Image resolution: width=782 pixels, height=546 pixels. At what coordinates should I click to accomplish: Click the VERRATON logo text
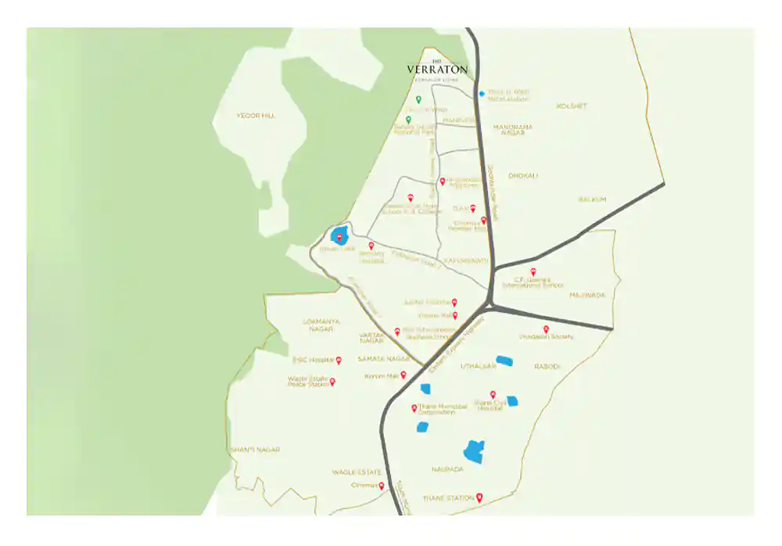coord(437,69)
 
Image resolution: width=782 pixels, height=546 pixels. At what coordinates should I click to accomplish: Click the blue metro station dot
coord(481,94)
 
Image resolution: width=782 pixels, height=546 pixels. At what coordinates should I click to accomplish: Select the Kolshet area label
coord(571,106)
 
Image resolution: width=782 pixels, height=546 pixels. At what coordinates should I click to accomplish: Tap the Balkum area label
coord(592,199)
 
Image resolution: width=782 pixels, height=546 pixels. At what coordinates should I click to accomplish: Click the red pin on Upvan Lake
coord(339,236)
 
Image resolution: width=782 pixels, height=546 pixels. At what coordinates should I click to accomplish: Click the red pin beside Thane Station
coord(479,497)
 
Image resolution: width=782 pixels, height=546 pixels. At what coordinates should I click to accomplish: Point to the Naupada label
coord(447,469)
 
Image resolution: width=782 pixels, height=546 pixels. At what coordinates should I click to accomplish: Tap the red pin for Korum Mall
coord(404,375)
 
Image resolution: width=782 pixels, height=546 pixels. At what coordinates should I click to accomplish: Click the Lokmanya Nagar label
coord(322,325)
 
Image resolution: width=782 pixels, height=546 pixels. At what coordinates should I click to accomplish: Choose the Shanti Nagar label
coord(254,450)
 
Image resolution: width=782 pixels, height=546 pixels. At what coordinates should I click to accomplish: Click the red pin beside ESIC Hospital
coord(339,360)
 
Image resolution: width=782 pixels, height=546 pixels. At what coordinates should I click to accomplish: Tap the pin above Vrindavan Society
coord(546,329)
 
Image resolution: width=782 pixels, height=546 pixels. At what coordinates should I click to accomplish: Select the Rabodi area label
coord(547,366)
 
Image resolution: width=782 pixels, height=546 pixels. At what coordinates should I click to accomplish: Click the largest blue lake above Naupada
coord(473,451)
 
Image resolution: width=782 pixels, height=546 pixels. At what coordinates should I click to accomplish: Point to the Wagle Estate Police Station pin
coord(332,382)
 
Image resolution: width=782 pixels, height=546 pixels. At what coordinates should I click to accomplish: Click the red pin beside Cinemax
coord(382,485)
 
